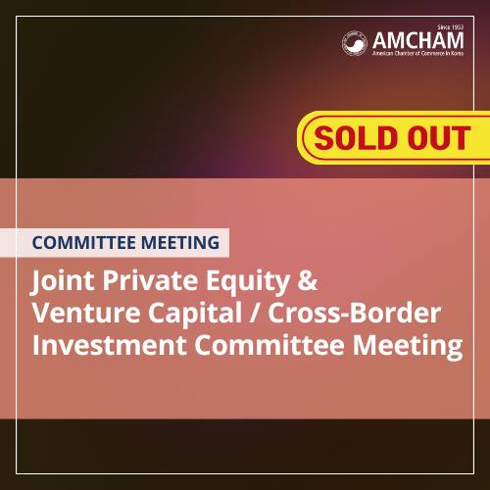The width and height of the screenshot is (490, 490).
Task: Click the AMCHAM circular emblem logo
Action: click(x=355, y=43)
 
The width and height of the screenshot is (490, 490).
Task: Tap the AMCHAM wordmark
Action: click(x=418, y=40)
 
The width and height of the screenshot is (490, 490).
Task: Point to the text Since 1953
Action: click(x=451, y=27)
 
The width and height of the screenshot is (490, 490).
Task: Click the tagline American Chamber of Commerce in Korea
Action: click(x=418, y=53)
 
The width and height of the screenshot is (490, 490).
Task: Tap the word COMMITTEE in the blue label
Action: click(x=84, y=243)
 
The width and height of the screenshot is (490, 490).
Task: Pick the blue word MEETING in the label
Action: click(x=180, y=243)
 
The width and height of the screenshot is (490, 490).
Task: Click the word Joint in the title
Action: click(x=62, y=281)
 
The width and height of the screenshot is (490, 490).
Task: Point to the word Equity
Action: click(x=248, y=282)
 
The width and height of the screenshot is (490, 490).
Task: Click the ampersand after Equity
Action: click(x=308, y=280)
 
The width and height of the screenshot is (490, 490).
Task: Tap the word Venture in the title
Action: click(x=86, y=313)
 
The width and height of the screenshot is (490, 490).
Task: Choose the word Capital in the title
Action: click(x=195, y=314)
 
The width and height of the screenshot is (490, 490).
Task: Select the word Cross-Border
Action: click(x=355, y=313)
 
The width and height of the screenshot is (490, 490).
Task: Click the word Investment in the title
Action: click(x=110, y=345)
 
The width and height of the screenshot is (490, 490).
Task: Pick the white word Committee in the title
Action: click(x=269, y=345)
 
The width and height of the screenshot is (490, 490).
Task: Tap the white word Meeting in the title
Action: click(x=408, y=347)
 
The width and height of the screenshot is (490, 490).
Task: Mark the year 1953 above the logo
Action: click(x=457, y=27)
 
